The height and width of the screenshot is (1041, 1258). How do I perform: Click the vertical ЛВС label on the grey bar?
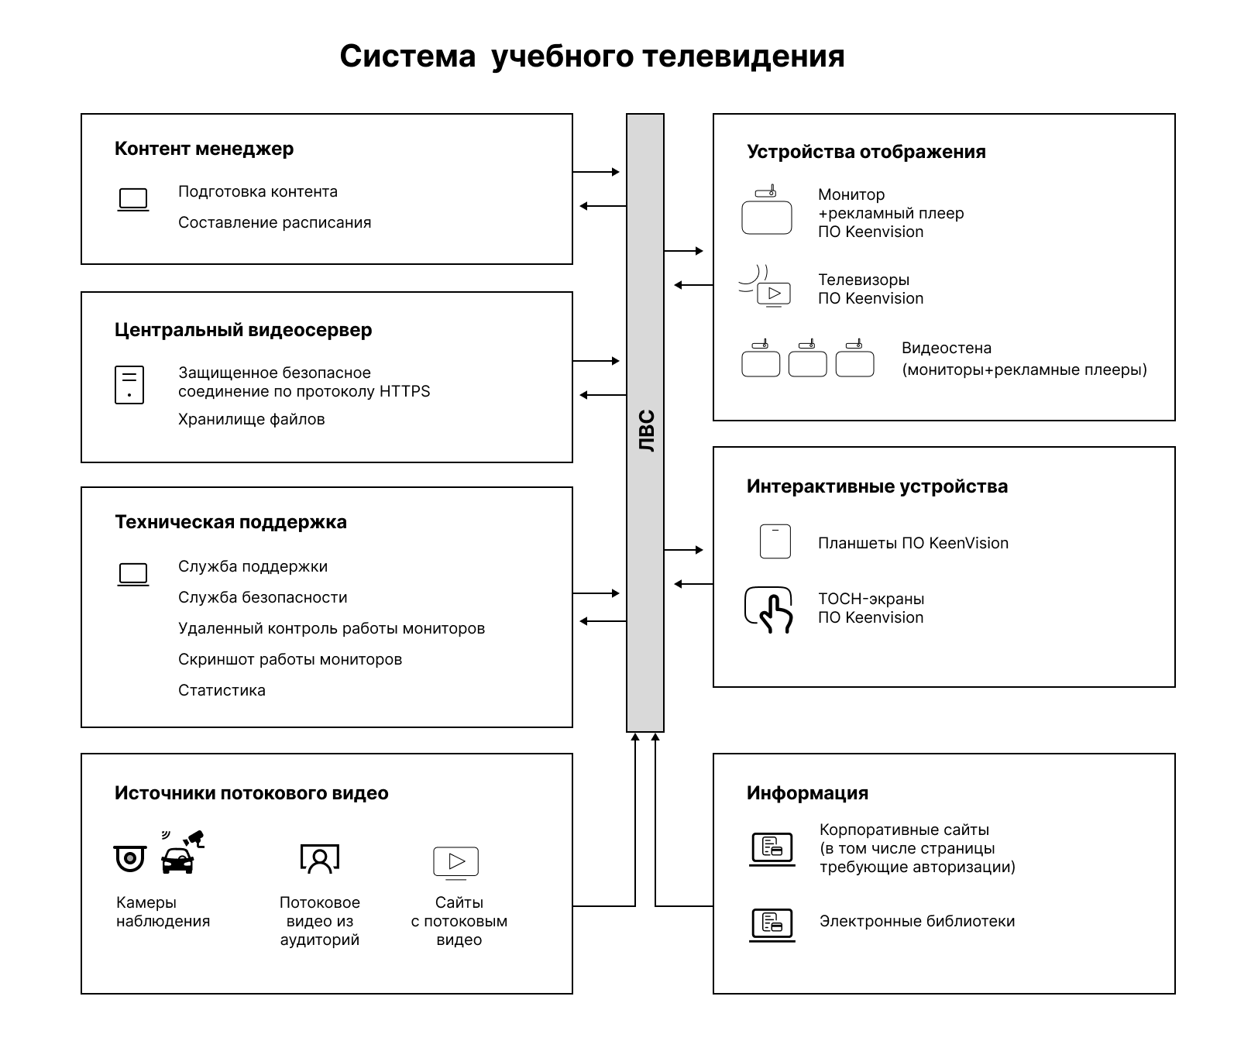[646, 431]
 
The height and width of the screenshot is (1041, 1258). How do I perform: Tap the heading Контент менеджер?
[204, 149]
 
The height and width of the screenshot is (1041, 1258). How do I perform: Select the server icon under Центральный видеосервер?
[129, 385]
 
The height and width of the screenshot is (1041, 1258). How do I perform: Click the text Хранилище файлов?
[251, 420]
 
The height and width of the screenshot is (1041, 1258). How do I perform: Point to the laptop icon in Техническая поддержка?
[133, 574]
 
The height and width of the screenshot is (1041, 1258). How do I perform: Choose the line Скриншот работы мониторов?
[290, 660]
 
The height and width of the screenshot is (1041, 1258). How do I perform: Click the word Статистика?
[222, 691]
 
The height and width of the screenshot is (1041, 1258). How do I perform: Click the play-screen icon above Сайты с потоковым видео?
[456, 862]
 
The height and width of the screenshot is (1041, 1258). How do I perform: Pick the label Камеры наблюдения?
[163, 912]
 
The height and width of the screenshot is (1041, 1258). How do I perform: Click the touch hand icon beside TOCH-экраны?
[769, 610]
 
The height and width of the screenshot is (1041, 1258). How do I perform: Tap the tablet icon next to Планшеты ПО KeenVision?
[775, 542]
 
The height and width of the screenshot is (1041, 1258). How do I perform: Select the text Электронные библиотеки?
[917, 922]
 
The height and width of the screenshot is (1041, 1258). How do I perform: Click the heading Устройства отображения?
[866, 152]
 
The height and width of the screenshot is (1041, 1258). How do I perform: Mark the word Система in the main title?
[407, 57]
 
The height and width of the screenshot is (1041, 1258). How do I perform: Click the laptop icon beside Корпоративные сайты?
[772, 848]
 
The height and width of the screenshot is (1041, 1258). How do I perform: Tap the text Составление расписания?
[274, 223]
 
